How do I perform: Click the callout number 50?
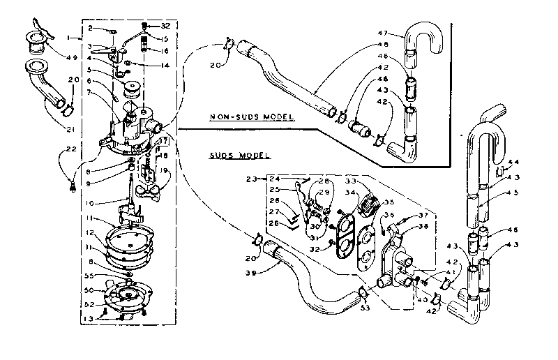click(x=89, y=289)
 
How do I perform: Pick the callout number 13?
click(x=89, y=319)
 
